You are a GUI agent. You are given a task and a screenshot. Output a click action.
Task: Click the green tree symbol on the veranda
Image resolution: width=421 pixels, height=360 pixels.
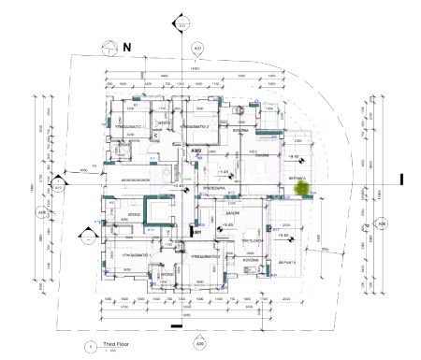tap(302, 188)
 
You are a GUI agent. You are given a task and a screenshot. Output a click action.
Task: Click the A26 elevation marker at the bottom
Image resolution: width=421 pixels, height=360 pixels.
tap(199, 342)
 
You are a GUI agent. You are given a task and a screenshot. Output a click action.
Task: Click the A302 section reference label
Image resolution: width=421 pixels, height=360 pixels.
tap(196, 151)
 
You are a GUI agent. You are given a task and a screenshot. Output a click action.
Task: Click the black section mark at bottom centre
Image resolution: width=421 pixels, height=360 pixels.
tap(176, 327)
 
